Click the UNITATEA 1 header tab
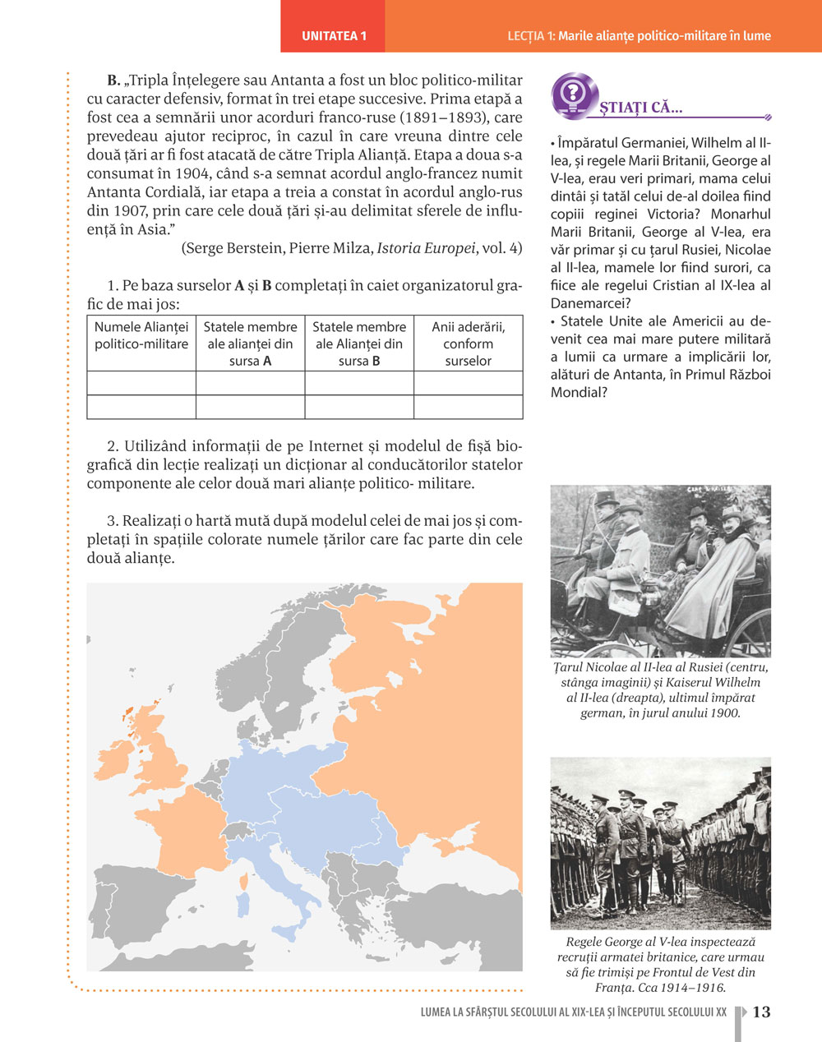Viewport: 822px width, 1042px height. click(333, 36)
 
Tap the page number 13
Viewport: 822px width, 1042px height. click(762, 1012)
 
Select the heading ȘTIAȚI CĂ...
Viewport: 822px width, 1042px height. click(641, 108)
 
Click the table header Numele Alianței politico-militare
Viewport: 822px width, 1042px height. click(141, 335)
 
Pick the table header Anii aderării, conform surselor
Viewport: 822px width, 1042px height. click(468, 343)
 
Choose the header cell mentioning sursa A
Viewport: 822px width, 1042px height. click(250, 343)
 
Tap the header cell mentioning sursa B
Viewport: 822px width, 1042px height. click(359, 343)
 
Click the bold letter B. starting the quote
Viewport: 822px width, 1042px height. click(113, 81)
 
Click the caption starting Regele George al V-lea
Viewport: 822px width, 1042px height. click(660, 965)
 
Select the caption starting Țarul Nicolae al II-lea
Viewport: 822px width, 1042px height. click(660, 690)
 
